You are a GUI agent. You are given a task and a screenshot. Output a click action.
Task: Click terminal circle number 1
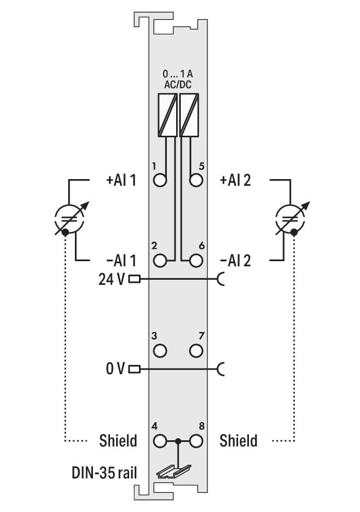160,180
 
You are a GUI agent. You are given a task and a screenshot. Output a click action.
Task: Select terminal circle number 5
196,180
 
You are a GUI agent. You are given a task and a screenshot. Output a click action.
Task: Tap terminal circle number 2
160,261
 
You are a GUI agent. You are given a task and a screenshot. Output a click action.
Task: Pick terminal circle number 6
196,261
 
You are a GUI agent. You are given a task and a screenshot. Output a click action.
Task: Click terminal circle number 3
160,351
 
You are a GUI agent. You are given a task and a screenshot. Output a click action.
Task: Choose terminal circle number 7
196,351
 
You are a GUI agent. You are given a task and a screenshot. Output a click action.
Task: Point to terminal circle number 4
160,441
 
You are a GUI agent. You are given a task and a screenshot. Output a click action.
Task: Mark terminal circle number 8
196,441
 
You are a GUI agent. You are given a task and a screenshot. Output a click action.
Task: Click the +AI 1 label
121,180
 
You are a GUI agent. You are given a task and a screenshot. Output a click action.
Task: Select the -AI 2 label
236,261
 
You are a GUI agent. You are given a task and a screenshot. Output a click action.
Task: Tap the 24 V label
112,279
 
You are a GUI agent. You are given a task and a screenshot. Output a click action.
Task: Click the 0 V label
115,369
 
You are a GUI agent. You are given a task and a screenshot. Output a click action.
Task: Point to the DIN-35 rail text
104,472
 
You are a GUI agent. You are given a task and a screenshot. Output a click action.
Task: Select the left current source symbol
70,219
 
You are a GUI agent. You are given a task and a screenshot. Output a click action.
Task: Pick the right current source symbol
291,219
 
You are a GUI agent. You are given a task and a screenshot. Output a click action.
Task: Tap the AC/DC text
178,85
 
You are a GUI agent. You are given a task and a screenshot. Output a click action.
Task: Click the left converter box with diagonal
167,115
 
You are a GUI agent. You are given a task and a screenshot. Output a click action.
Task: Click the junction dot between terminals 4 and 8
178,441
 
